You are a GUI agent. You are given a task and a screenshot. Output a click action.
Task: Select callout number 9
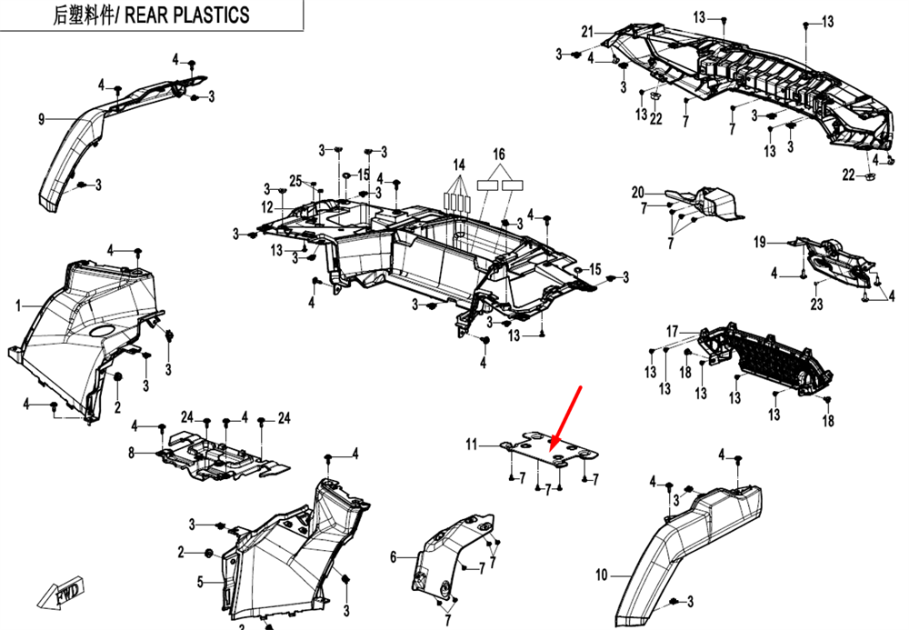point(41,119)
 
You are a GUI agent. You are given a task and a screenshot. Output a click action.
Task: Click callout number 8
point(131,452)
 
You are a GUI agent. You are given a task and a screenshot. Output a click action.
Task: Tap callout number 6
point(394,556)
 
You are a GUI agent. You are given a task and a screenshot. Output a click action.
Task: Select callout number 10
point(600,575)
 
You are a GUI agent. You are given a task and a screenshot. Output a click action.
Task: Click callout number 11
point(472,445)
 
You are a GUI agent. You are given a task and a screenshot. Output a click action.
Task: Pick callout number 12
point(267,208)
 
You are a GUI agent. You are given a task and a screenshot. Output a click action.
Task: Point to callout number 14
point(459,165)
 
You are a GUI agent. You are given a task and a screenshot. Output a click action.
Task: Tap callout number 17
point(673,331)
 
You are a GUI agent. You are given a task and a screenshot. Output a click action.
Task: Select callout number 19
point(760,242)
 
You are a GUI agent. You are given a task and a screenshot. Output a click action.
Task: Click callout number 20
point(638,192)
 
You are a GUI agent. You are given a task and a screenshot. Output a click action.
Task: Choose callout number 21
point(587,33)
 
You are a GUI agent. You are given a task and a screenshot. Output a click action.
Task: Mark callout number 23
point(816,305)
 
